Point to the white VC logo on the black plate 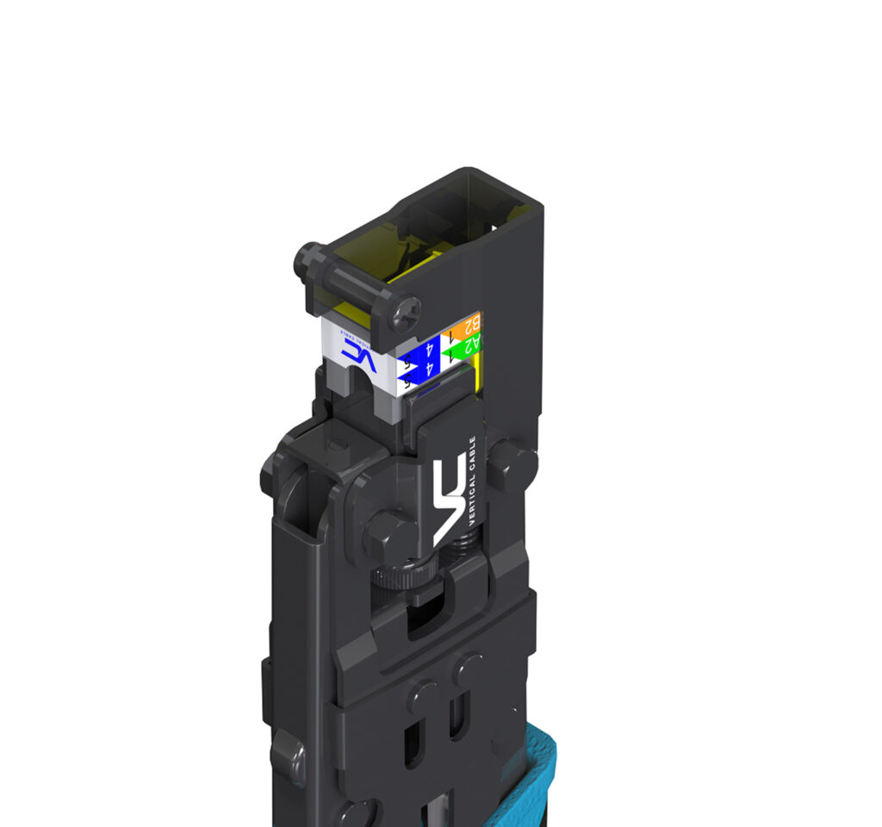click(x=449, y=500)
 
